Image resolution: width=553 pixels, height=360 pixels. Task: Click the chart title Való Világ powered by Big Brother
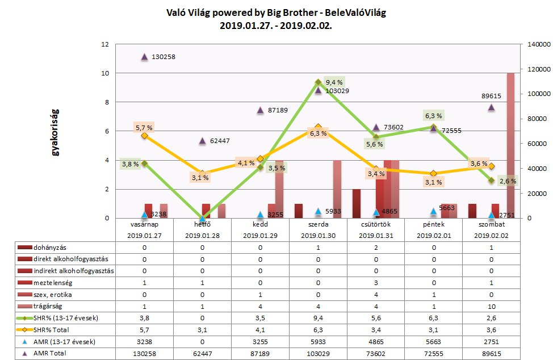coord(276,13)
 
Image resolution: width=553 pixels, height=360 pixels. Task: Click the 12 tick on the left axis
coord(105,44)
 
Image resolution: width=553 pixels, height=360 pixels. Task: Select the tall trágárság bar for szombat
coord(510,145)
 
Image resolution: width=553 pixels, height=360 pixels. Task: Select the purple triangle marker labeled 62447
coord(202,141)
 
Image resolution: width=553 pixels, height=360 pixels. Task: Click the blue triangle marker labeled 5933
coord(318,211)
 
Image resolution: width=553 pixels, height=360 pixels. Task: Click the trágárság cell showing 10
coord(491,306)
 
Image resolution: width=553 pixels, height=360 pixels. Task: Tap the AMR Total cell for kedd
coord(260,353)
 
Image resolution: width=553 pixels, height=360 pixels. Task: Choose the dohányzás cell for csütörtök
coord(375,248)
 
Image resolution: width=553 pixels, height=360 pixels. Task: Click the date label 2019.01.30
coord(318,235)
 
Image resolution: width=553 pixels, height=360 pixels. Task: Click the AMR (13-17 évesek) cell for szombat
coord(491,341)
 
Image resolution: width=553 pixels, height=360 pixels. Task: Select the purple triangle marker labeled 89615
coord(491,107)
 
